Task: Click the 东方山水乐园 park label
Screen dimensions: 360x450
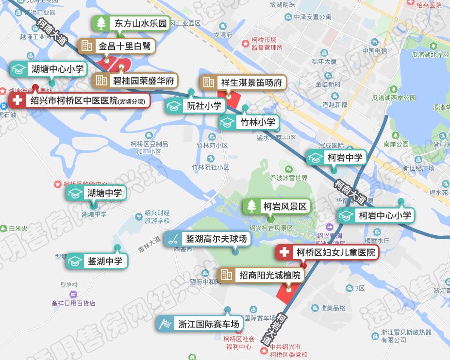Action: (x=131, y=23)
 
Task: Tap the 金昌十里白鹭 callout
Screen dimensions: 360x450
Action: (x=117, y=47)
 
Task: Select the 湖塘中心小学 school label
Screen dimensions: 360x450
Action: (x=48, y=69)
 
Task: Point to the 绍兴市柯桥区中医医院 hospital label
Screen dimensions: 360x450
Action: (x=80, y=101)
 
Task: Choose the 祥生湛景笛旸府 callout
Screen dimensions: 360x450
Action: (x=243, y=82)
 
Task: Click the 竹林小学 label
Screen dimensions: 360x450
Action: (x=249, y=122)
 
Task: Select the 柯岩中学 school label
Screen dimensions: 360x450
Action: (x=336, y=157)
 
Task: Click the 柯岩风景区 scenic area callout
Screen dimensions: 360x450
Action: (x=276, y=206)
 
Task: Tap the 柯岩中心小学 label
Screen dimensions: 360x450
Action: (x=376, y=215)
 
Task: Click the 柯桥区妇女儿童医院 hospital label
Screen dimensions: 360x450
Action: (x=327, y=252)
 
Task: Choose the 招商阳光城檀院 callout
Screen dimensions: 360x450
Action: (x=262, y=276)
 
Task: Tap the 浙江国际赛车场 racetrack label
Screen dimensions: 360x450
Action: (x=200, y=324)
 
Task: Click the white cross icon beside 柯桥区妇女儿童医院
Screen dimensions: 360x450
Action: (x=284, y=252)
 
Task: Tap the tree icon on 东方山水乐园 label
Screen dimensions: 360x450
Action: (x=101, y=23)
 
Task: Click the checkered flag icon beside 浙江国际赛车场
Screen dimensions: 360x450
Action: (x=166, y=324)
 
